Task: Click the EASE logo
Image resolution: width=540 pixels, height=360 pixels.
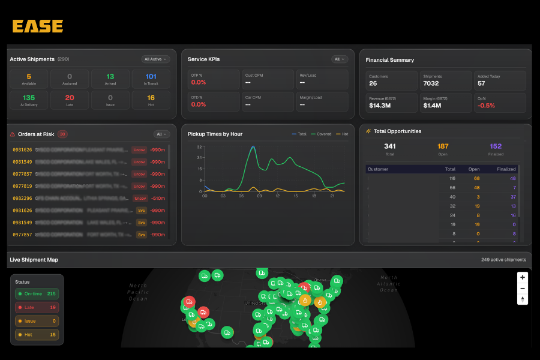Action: [37, 26]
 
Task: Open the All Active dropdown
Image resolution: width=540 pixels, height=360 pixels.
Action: [156, 59]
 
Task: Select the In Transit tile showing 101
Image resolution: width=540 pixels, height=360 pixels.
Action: [151, 79]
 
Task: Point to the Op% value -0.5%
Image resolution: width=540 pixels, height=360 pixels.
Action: [487, 105]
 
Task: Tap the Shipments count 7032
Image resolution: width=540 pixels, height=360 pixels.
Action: [431, 83]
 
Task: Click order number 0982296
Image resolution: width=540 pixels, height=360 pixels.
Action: [22, 198]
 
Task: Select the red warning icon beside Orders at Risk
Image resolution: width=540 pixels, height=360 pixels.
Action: [13, 134]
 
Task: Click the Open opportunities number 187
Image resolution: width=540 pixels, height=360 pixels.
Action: [443, 146]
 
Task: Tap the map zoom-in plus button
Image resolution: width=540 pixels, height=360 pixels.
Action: [523, 278]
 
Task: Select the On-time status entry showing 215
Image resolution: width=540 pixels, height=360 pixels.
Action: [37, 294]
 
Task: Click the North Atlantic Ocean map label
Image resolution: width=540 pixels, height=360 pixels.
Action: [388, 284]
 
